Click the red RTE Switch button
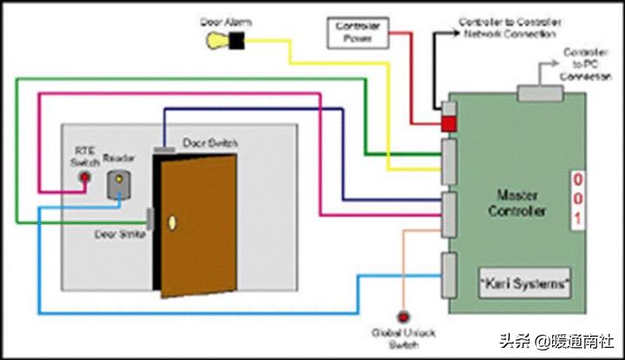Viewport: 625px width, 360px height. click(x=84, y=178)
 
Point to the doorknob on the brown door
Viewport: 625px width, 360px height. click(x=172, y=222)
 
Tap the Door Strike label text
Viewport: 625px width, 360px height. click(x=119, y=233)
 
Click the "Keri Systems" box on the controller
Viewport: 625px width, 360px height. click(x=524, y=284)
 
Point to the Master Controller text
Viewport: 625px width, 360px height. click(x=517, y=204)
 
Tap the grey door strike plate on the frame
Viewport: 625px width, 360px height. click(x=149, y=219)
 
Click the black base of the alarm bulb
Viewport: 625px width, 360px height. click(x=235, y=39)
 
